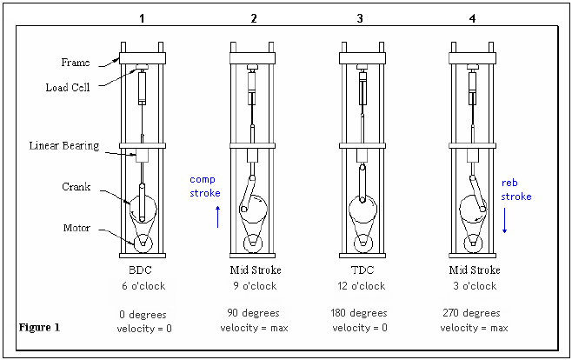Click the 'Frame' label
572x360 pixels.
tap(75, 63)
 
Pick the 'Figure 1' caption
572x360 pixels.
tap(39, 327)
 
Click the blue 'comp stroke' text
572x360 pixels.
tap(205, 186)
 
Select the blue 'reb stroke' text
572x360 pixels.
tap(516, 190)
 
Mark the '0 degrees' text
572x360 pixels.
tap(141, 313)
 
